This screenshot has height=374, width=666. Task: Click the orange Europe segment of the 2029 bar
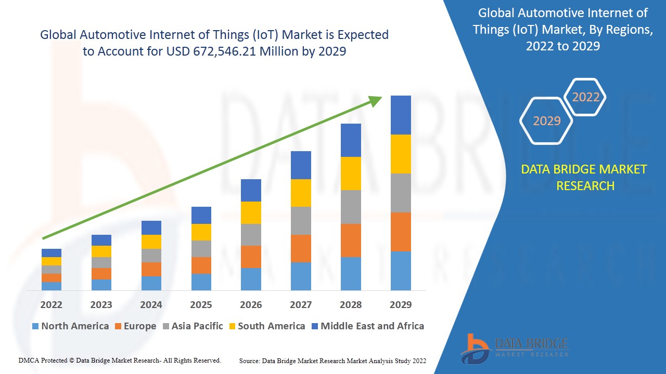401,232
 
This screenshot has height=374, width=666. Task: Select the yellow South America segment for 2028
351,173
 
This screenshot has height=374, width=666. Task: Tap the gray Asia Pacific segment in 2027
301,221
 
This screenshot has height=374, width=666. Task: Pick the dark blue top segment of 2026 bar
251,190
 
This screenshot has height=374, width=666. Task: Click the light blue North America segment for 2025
201,282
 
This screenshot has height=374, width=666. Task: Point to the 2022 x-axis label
52,305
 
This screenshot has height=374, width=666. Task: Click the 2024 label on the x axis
151,305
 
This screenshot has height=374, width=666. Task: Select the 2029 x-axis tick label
401,305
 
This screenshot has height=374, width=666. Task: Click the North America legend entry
70,326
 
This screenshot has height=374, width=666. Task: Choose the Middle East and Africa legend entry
367,326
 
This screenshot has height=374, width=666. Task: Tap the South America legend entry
266,326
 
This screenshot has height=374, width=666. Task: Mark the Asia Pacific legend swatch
166,327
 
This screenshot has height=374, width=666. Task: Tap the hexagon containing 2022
586,97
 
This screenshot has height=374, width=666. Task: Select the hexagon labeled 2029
547,121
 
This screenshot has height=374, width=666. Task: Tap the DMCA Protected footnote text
120,360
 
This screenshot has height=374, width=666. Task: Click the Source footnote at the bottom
332,360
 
